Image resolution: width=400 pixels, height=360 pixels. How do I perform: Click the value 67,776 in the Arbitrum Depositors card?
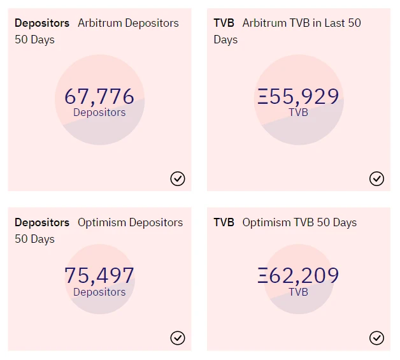[99, 96]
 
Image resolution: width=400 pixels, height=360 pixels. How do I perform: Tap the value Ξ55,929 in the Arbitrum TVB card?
[298, 96]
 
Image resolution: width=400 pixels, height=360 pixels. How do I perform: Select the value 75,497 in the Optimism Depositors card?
[99, 276]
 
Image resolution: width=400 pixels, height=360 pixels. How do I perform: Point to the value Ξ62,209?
[298, 276]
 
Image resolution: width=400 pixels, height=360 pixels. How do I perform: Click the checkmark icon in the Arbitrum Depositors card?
[178, 178]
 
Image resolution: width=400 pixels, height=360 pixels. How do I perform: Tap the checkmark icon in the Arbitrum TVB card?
[376, 178]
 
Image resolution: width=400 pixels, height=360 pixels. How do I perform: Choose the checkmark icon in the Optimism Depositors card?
[178, 338]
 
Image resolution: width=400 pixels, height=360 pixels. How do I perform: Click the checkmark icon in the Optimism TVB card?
[376, 338]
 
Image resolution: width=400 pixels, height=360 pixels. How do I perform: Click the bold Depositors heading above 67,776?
[42, 23]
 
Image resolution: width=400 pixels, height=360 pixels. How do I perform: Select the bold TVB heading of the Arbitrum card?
[224, 23]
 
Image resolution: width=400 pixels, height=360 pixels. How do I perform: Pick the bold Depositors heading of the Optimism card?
[42, 222]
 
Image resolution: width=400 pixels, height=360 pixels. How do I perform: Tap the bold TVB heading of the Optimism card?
[224, 222]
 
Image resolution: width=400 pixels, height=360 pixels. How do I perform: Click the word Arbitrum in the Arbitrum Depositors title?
[101, 23]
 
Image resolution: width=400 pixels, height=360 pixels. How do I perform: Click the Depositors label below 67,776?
[99, 113]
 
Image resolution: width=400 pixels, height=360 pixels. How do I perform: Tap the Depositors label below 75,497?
[99, 292]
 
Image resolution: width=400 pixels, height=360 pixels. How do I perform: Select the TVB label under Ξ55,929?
[298, 113]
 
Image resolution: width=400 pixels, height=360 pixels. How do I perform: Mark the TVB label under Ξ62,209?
[298, 292]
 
